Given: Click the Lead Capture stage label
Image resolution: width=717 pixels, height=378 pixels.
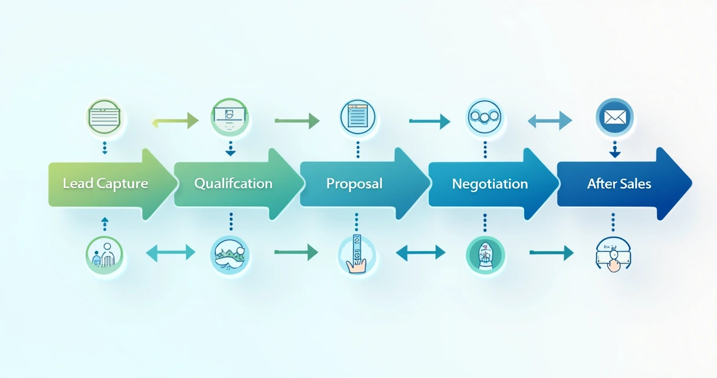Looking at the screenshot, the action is pos(106,184).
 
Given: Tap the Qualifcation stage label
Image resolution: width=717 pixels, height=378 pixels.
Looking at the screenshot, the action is pos(233,184).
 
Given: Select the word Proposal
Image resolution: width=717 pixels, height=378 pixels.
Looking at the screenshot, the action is pos(354,184).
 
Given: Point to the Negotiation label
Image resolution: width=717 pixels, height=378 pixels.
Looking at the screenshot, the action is pos(490,184).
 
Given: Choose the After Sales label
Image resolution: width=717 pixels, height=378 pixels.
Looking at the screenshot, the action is pos(619,184).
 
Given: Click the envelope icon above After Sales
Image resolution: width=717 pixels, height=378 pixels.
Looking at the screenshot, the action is pos(614,118).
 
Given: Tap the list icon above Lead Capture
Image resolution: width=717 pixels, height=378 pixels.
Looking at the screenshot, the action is pos(104,117).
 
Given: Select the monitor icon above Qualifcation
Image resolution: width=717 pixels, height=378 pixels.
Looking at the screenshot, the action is pos(229,118).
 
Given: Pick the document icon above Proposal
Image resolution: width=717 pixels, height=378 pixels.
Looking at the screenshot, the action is pos(357,117).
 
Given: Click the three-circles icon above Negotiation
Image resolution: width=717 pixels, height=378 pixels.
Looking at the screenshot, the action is pos(484,117).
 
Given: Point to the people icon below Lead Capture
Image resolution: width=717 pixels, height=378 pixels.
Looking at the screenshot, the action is pos(104,255).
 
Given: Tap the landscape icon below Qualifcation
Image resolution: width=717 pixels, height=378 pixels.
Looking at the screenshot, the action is pos(229,255).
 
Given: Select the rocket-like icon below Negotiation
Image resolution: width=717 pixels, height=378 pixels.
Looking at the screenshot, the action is pos(485,255).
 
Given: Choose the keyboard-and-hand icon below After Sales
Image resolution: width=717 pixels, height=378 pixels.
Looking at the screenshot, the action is pos(613,255).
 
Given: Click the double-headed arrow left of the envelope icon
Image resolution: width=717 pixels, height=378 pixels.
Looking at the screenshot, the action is pos(550,121).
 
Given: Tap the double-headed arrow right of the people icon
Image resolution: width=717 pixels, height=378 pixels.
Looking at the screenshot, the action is pos(170,253).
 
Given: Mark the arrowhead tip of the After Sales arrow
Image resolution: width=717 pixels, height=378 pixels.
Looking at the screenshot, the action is pos(692,184).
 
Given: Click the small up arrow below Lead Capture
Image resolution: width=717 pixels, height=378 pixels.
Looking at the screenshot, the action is pos(105,224).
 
